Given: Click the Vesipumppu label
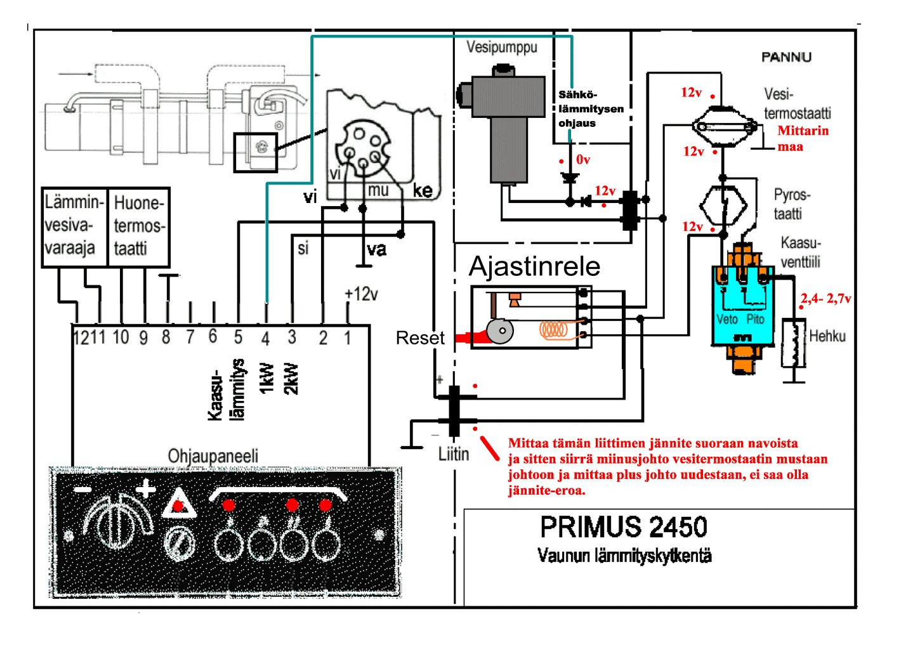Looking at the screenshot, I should click(501, 47).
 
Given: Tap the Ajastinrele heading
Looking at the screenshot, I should click(534, 266).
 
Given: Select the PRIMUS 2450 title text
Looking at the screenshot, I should click(623, 527).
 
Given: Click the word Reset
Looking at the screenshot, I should click(420, 338).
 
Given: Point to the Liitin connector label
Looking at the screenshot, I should click(454, 454).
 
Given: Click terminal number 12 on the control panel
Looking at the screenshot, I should click(81, 337).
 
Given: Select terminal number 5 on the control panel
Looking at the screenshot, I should click(238, 337).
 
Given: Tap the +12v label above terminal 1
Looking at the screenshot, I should click(361, 294).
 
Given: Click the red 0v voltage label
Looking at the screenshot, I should click(582, 160).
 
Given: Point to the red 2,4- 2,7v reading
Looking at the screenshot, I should click(825, 299).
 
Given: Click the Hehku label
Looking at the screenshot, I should click(827, 336).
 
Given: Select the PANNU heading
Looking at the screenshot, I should click(786, 57).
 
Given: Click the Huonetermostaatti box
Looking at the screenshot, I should click(138, 226).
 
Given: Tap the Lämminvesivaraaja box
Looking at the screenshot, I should click(74, 226).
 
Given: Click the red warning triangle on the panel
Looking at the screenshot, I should click(178, 506).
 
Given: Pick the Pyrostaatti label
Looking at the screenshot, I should click(791, 204).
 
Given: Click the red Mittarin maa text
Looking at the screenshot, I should click(803, 138).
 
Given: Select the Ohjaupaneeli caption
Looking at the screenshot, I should click(213, 456).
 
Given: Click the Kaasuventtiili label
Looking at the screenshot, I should click(800, 252).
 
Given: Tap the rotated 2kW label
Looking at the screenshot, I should click(291, 379).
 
